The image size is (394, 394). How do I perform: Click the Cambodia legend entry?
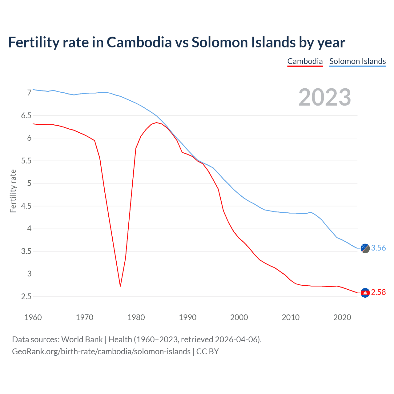(305, 61)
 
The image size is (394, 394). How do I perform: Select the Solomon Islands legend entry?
(357, 61)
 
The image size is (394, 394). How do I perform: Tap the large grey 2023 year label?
(325, 97)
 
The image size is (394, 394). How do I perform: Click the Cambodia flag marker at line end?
(365, 292)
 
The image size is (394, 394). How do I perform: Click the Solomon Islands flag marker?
(365, 248)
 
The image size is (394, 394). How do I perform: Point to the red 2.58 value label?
(378, 292)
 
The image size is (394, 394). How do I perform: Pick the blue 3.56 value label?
(378, 248)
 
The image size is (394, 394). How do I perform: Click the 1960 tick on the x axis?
(33, 317)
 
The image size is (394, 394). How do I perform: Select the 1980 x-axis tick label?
(136, 317)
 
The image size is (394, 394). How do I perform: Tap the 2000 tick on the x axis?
(239, 317)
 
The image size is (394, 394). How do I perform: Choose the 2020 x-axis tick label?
(342, 317)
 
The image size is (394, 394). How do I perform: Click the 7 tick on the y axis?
(29, 93)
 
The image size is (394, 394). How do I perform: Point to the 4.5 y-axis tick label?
(26, 206)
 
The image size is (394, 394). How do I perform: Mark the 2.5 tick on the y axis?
(26, 297)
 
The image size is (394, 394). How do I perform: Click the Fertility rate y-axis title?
(13, 191)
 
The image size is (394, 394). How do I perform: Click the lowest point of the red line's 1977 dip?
(120, 286)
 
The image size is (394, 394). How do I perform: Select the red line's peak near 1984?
(156, 123)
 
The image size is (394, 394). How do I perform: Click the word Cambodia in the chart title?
(139, 42)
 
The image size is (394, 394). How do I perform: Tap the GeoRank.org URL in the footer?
(101, 352)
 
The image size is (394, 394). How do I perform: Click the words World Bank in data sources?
(82, 340)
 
